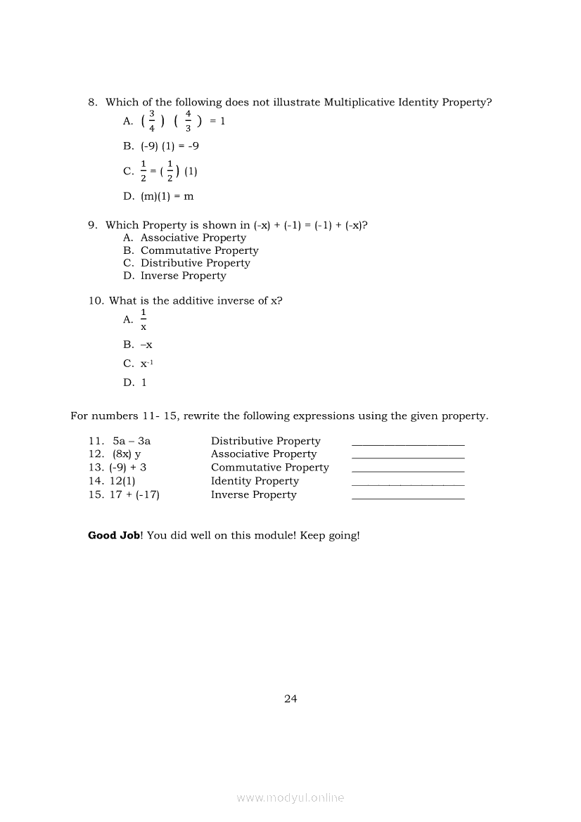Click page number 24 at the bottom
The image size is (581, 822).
coord(290,698)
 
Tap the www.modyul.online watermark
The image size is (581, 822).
coord(290,797)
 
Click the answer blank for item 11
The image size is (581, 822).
coord(407,442)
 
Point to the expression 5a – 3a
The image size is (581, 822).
coord(132,441)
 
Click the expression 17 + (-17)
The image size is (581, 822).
coord(134,494)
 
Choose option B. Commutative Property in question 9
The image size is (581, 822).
coord(191,250)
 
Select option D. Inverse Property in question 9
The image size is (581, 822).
coord(174,276)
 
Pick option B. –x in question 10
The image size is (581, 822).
coord(138,345)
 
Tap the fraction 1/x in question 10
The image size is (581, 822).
coord(143,319)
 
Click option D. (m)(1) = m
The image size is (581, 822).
coord(158,196)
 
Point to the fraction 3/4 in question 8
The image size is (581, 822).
coord(152,121)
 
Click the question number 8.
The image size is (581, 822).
coord(91,102)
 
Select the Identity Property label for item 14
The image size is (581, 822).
coord(255,481)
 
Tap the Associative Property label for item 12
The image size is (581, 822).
coord(264,454)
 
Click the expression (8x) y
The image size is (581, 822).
coord(127,454)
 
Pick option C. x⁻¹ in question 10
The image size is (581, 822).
coord(135,364)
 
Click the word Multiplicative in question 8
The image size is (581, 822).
coord(359,102)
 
